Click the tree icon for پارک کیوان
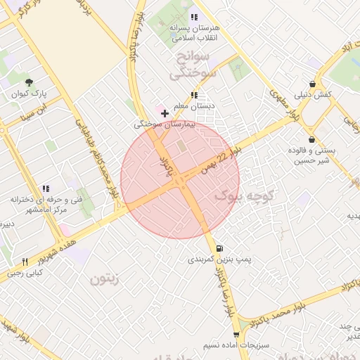click(x=29, y=83)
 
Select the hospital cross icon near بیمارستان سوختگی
click(x=165, y=112)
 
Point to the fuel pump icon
click(x=220, y=248)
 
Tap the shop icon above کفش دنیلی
click(x=312, y=83)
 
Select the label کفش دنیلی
click(x=313, y=94)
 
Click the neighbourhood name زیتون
click(x=105, y=279)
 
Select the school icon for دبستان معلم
click(x=193, y=95)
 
